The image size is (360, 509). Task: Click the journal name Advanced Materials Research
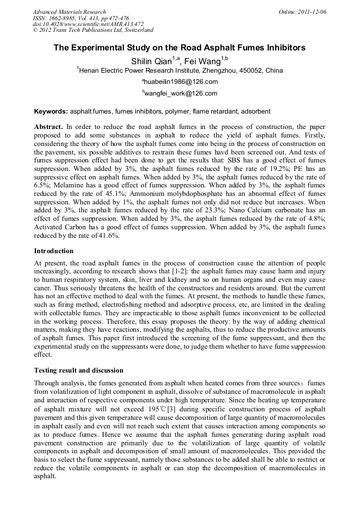69,12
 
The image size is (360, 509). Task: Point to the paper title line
179,48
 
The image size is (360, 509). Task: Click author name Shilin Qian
151,61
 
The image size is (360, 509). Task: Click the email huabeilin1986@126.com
181,82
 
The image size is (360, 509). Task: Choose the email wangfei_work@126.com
181,93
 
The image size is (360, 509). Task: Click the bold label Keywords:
51,112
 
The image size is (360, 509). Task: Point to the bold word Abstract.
48,127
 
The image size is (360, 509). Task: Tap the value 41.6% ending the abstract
108,235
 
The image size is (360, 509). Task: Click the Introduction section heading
54,251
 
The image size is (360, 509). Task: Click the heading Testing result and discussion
79,370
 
